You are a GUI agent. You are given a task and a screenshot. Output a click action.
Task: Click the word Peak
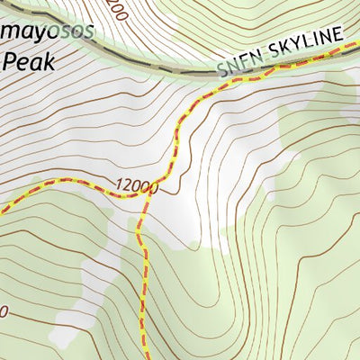click(29, 62)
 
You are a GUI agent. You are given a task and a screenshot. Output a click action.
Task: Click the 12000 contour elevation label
click(136, 186)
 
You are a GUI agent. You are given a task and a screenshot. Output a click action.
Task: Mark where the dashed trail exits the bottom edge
click(144, 358)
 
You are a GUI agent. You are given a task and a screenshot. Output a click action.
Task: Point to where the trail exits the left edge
click(2, 211)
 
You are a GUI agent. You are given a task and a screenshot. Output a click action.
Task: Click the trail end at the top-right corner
click(356, 47)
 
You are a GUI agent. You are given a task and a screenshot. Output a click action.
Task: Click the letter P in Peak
click(11, 62)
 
